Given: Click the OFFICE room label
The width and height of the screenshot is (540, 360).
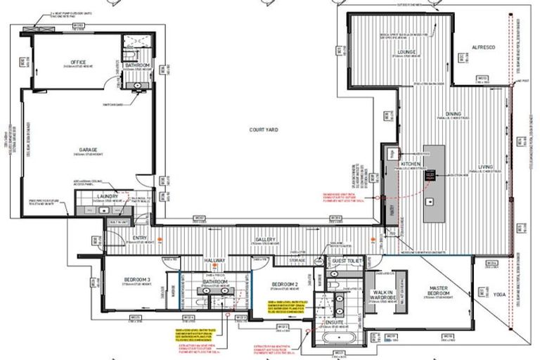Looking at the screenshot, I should pyautogui.click(x=78, y=62).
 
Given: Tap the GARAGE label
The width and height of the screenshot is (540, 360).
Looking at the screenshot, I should pyautogui.click(x=87, y=150).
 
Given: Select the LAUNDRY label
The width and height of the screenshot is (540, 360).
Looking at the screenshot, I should pyautogui.click(x=98, y=197).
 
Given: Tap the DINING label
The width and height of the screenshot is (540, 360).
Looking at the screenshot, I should pyautogui.click(x=453, y=115).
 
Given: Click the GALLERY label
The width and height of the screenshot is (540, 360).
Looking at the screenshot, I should pyautogui.click(x=265, y=239).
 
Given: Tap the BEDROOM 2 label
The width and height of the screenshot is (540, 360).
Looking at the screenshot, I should pyautogui.click(x=285, y=285).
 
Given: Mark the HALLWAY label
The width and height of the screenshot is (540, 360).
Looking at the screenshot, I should pyautogui.click(x=214, y=261).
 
